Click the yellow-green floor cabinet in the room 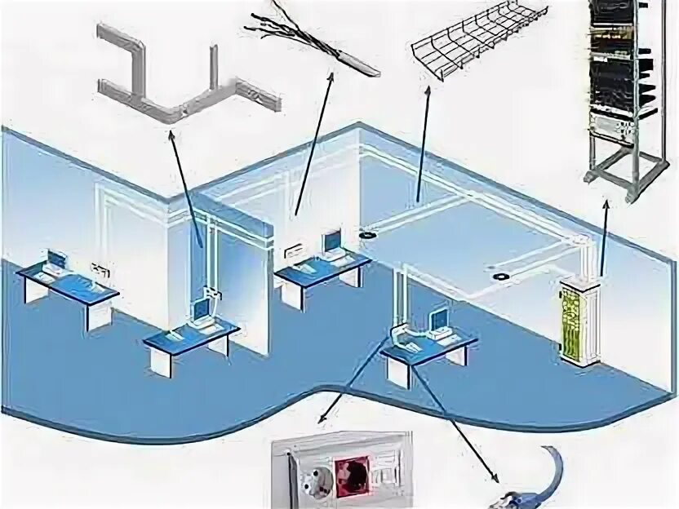579,319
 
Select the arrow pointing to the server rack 605,237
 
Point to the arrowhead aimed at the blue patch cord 494,477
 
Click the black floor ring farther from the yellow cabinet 369,234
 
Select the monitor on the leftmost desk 55,260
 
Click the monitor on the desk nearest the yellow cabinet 440,317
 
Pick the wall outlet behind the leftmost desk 100,267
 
